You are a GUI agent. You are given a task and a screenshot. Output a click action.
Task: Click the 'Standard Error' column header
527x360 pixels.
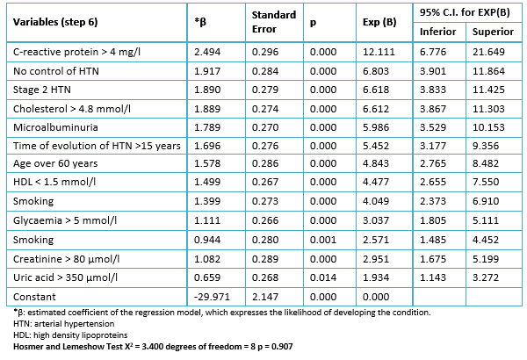coord(274,22)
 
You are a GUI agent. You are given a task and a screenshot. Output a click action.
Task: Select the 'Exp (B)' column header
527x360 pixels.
coord(379,22)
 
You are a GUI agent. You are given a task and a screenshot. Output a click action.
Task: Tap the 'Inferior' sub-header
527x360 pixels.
coord(437,32)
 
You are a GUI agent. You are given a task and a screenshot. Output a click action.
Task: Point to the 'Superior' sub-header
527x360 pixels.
coord(493,32)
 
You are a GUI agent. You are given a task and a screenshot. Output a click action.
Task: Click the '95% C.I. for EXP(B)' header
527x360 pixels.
coord(465,12)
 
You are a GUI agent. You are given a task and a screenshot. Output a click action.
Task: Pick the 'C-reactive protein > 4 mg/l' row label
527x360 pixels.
coord(76,52)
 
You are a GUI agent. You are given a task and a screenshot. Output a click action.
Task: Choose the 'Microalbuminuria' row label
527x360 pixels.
coord(55,127)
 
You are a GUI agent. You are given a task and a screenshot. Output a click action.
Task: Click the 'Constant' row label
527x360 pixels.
coord(34,297)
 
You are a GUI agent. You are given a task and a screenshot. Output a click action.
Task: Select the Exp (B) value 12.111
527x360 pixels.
coord(379,52)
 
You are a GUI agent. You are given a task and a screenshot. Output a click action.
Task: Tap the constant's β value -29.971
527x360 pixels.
coord(212,297)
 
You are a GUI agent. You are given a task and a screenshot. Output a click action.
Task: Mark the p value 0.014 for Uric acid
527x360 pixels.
coord(323,277)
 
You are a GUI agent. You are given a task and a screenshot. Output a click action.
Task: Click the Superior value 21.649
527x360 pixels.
coord(488,52)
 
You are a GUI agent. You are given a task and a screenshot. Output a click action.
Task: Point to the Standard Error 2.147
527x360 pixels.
coord(265,297)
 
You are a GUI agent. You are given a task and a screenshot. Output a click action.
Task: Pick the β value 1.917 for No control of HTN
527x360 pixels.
coord(207,71)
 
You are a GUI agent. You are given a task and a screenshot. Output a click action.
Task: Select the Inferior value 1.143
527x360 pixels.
coord(433,277)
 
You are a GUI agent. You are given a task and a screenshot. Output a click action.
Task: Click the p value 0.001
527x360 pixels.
coord(323,240)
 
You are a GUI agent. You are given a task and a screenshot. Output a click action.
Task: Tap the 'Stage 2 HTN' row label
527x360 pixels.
coord(42,90)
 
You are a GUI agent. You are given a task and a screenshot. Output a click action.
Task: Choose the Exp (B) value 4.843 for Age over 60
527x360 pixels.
coord(376,163)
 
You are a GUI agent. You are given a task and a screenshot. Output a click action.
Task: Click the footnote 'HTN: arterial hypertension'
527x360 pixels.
coord(64,324)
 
